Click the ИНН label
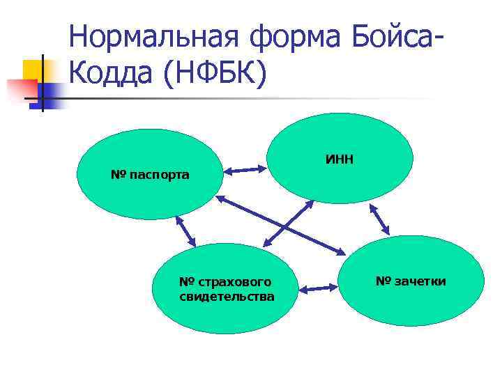point(340,159)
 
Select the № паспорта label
point(150,173)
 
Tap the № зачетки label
point(411,281)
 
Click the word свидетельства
point(227,297)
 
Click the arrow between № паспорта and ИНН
point(245,169)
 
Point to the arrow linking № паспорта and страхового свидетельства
point(186,232)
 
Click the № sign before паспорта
point(117,173)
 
